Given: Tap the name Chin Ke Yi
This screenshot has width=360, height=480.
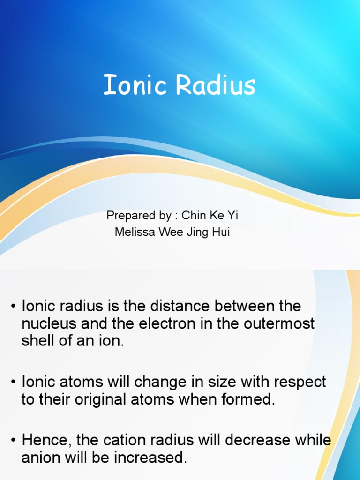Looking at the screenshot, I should click(210, 216).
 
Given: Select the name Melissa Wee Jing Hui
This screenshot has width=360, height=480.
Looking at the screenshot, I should click(172, 232).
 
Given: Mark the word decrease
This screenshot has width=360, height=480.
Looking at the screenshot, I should click(255, 441).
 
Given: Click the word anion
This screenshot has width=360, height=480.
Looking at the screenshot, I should click(39, 458).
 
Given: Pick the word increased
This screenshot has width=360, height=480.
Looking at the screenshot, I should click(152, 458).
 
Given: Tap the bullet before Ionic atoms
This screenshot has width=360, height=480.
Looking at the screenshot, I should click(14, 382).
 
